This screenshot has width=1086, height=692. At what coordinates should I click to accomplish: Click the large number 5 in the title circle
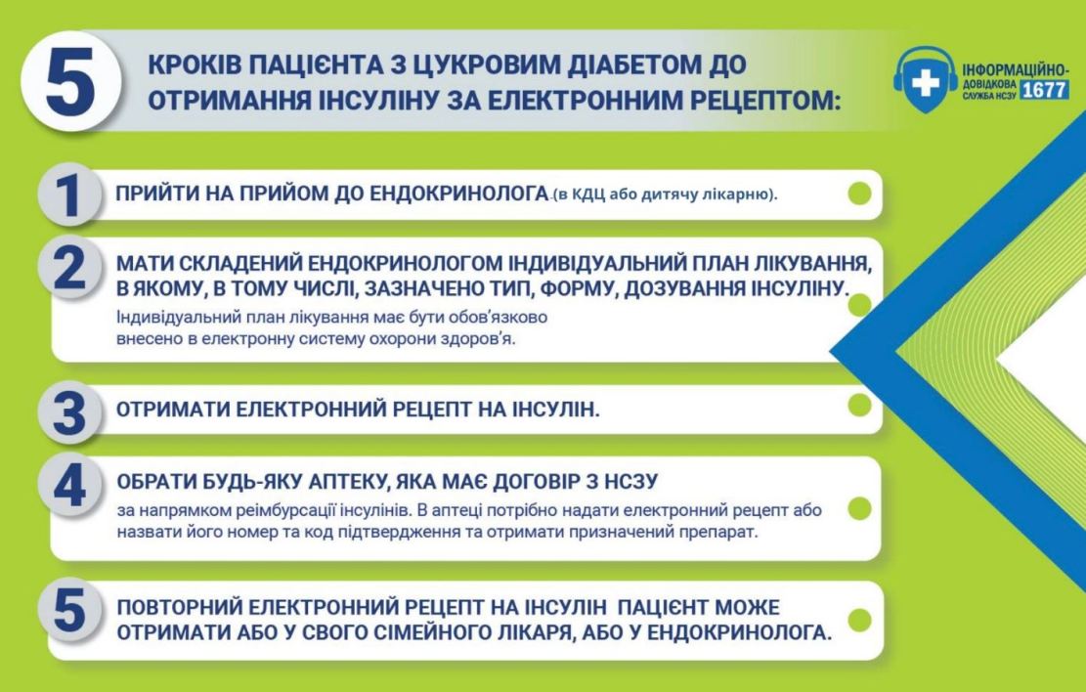pos(70,81)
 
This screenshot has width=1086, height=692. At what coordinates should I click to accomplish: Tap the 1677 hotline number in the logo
pos(1044,90)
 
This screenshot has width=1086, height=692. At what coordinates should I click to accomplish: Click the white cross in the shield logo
pos(925,84)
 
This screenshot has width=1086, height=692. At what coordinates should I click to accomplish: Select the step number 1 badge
pos(67,194)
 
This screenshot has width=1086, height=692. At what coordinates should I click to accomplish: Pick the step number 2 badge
pos(69,268)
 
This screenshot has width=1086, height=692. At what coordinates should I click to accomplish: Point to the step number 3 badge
pos(69,413)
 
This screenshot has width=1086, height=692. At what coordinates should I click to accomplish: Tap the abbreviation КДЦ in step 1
pos(587,195)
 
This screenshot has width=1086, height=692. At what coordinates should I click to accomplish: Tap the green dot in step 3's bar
pos(859,406)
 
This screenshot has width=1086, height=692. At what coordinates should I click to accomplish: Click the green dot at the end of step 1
pos(859,194)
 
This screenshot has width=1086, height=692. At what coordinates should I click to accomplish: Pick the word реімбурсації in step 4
pos(293,510)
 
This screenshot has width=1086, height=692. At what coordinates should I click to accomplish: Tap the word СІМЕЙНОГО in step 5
pos(419,631)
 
